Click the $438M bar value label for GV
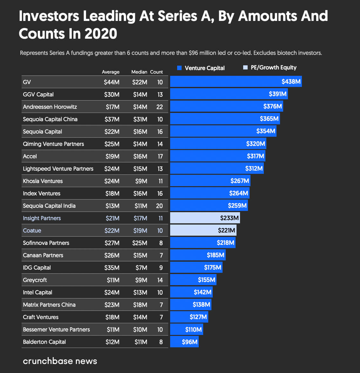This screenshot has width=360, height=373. point(291,82)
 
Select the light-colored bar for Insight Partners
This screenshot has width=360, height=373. point(205,218)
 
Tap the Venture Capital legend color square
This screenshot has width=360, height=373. point(179,68)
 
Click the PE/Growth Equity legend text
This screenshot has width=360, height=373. point(273,68)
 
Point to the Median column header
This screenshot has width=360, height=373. point(139,72)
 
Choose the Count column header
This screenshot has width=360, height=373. point(157,72)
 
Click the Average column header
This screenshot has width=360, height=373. point(110,72)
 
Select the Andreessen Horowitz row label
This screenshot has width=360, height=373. point(50,107)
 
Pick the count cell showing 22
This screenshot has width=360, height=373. point(159,107)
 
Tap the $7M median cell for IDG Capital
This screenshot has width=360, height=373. point(141,268)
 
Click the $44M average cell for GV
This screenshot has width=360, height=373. point(112,82)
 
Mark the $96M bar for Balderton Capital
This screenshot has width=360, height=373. point(184,342)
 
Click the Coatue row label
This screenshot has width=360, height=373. point(32,231)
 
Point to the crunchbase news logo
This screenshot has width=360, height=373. point(60,361)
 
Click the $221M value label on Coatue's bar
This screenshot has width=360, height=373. point(226,230)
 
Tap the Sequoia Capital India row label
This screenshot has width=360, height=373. point(49,206)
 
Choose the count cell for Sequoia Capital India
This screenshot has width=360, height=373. point(159,206)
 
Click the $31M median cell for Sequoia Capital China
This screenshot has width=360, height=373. point(140,119)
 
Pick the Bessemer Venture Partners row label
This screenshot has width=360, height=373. point(56,330)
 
